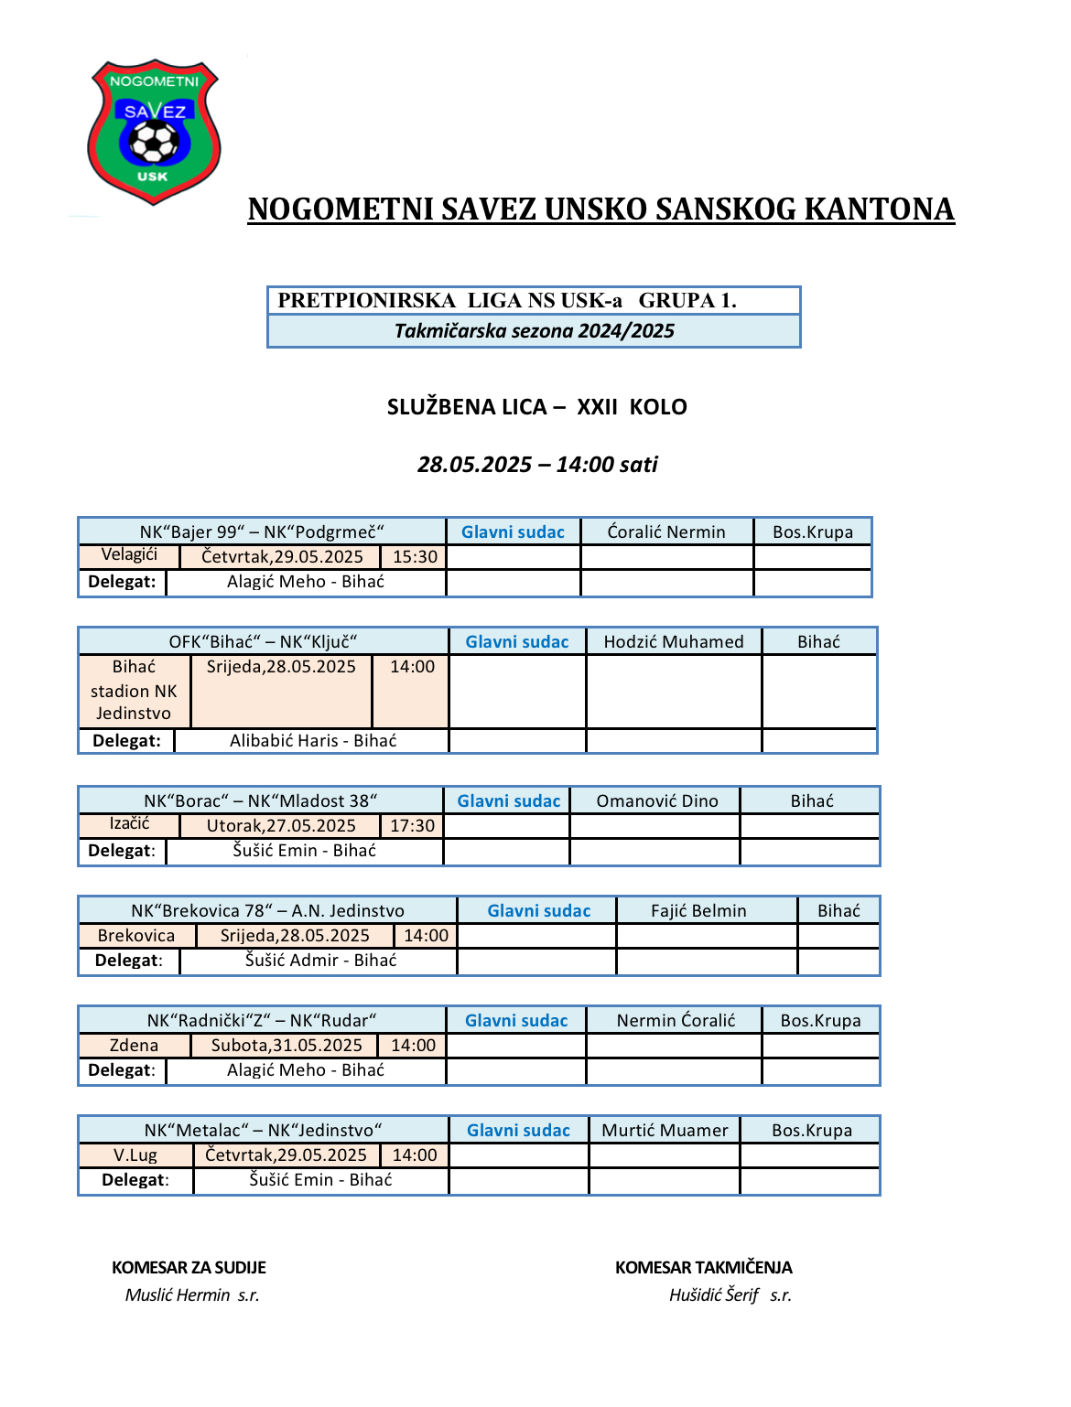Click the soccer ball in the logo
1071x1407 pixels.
point(154,142)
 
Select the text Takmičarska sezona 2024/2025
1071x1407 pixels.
point(534,331)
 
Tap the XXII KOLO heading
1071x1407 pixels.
point(631,407)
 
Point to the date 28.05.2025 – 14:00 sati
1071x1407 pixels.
point(537,465)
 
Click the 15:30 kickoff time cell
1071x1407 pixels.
point(415,557)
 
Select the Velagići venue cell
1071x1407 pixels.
point(129,554)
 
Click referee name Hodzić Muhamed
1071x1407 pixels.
point(674,642)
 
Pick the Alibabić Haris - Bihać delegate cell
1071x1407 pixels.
point(313,741)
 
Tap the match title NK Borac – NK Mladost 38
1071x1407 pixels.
point(261,801)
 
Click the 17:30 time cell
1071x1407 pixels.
point(412,826)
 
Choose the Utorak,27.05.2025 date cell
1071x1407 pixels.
point(281,826)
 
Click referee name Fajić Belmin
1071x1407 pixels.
point(698,911)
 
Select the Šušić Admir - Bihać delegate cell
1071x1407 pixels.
point(320,961)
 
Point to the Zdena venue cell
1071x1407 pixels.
point(134,1046)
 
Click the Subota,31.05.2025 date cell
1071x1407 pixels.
point(287,1046)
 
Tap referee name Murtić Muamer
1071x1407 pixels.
point(665,1131)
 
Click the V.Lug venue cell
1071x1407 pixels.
point(135,1155)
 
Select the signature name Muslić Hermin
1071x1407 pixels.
point(178,1295)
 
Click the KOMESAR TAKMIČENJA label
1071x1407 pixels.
point(703,1268)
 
